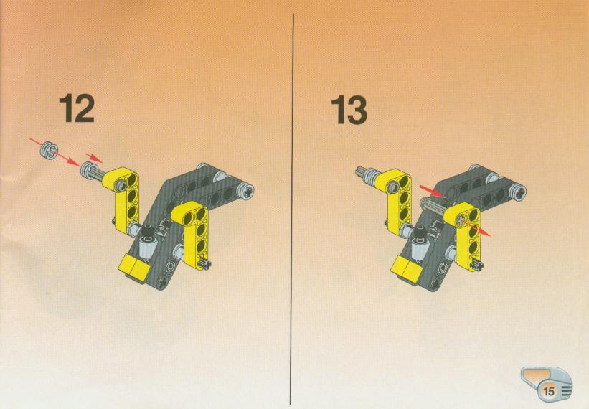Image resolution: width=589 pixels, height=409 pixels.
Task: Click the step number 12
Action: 77,108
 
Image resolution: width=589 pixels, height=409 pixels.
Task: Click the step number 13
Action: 349,110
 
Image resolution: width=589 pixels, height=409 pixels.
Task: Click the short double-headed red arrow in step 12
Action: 94,157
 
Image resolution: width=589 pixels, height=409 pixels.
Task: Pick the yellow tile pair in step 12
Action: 133,266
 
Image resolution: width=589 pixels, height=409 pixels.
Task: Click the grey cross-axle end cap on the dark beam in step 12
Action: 246,192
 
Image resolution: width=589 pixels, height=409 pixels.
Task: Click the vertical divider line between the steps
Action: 292,209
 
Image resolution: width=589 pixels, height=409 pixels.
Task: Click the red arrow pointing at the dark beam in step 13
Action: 432,190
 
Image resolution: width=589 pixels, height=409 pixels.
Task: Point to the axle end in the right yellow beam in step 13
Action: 460,220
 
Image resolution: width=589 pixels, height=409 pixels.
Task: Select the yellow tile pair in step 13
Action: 405,268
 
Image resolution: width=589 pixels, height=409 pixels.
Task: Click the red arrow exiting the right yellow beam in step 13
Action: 476,228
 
